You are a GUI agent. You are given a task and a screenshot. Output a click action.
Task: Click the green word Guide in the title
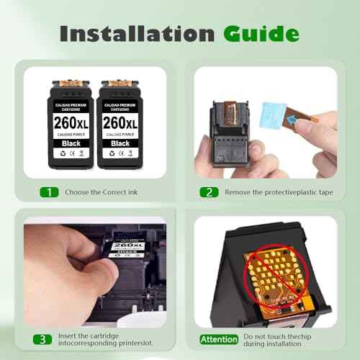click(x=261, y=33)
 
